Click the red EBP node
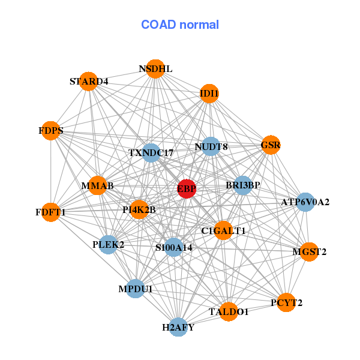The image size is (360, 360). (187, 188)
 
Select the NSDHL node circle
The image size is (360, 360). (155, 69)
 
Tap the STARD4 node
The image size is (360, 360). (89, 82)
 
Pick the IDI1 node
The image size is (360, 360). (209, 94)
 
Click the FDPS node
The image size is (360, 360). (51, 131)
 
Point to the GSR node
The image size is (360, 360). (271, 145)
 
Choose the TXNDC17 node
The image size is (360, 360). (151, 153)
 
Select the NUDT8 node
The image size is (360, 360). (211, 147)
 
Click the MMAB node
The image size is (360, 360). (97, 186)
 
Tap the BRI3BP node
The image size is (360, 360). (242, 185)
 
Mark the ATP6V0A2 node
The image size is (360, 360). (305, 202)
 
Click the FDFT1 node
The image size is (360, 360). (51, 212)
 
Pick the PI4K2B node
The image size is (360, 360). (139, 210)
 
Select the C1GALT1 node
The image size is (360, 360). (223, 231)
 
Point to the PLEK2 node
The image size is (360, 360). (108, 245)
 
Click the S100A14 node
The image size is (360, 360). (173, 247)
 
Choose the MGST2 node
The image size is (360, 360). (309, 251)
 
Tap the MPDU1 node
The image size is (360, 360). (136, 289)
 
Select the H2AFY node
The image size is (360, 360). (178, 327)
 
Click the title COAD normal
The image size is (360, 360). (180, 25)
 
